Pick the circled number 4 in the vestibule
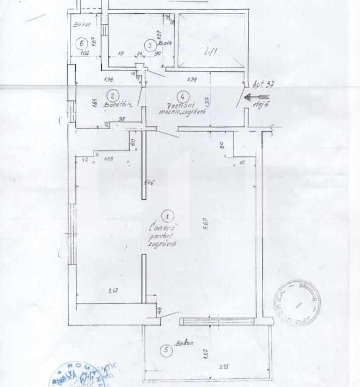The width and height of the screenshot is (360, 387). [183, 96]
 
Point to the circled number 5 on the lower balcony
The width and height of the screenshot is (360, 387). [167, 350]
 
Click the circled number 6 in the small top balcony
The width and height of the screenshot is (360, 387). [82, 42]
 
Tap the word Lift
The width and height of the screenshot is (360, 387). [210, 53]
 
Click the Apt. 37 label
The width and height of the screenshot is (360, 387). [263, 84]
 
